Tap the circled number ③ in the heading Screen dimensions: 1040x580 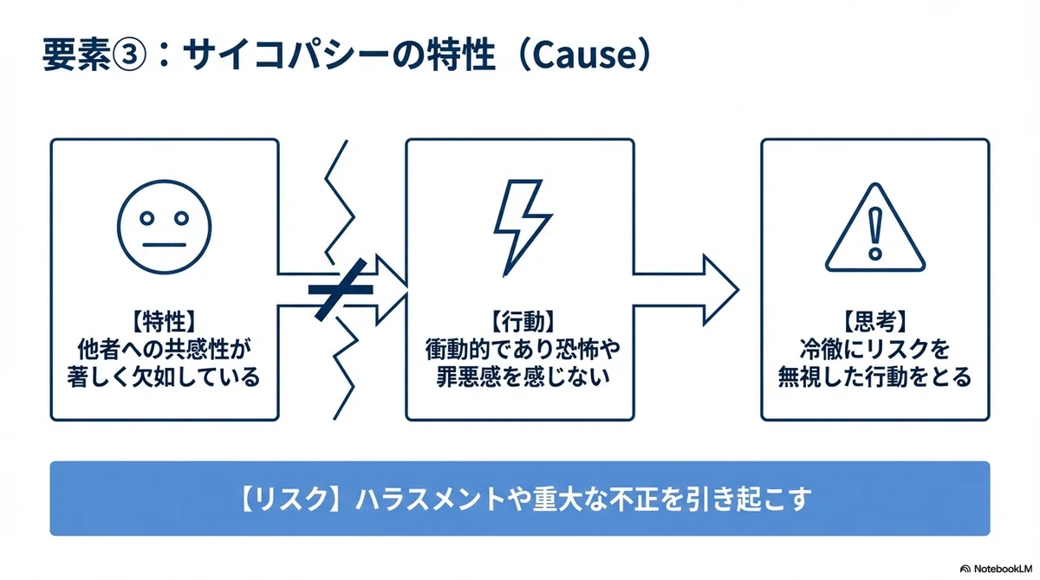tap(129, 55)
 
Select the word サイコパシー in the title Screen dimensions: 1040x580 tap(287, 55)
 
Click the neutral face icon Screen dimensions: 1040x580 tap(165, 227)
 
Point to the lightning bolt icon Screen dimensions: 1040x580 tap(522, 228)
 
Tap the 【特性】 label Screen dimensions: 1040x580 tap(165, 322)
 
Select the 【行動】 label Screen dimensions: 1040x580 tap(523, 322)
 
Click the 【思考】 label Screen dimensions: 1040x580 tap(874, 322)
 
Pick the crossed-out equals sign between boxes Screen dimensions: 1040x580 tap(341, 290)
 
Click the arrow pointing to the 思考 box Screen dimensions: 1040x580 tap(686, 290)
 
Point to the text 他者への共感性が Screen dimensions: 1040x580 tap(165, 349)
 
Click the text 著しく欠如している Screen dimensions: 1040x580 tap(164, 377)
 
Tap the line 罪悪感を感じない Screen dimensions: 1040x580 tap(523, 377)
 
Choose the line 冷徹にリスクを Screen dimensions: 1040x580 tap(874, 349)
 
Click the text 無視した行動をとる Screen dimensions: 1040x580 tap(874, 377)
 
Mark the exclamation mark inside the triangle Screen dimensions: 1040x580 tap(875, 233)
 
